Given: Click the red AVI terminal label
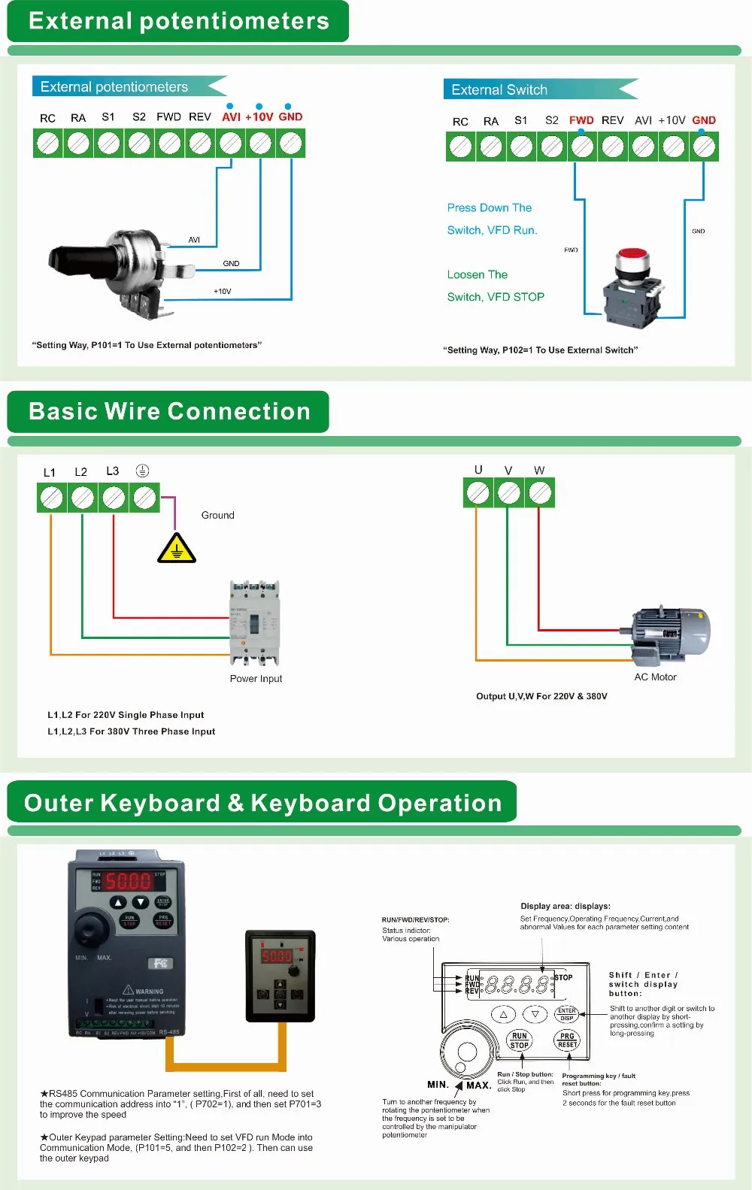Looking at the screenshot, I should tap(231, 117).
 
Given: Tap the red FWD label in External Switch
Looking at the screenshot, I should tap(581, 120).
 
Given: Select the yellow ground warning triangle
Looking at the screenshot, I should tap(177, 549).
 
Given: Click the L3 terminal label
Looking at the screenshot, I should tap(112, 471).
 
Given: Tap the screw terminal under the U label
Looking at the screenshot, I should tap(478, 493).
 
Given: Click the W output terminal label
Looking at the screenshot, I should tap(539, 471).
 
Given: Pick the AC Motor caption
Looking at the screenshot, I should tap(655, 677).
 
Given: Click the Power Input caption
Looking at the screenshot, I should tap(256, 679).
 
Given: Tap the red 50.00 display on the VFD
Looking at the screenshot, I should tap(127, 881).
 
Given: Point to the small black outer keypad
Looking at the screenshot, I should tap(280, 976).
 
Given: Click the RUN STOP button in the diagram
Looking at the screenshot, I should tap(520, 1040).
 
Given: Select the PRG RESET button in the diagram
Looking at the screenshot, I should tap(567, 1040).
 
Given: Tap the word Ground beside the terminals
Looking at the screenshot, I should tap(217, 516).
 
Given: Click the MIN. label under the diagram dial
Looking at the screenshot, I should tap(438, 1085).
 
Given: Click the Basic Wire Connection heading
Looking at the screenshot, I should tap(169, 412).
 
